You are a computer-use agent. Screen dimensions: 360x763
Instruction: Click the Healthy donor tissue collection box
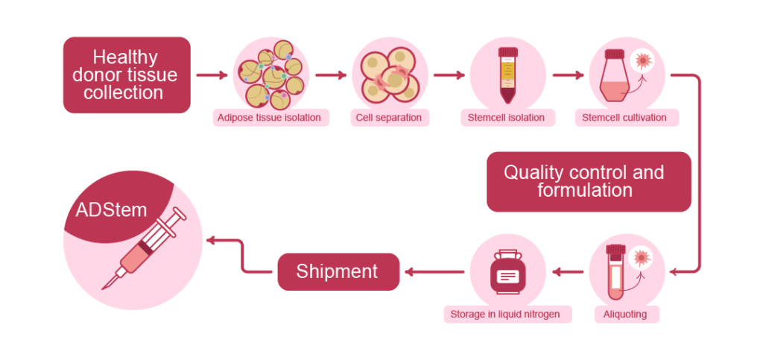coord(127,75)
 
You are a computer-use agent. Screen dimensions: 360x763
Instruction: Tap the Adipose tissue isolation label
coord(269,118)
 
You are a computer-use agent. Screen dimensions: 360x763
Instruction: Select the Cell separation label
coord(387,118)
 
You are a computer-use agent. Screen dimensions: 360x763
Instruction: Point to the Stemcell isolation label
coord(506,118)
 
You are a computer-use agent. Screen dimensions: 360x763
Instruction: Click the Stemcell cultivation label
coord(624,118)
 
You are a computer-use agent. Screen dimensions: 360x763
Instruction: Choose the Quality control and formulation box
coord(584,181)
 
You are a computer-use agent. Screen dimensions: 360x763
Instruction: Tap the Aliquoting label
coord(625,315)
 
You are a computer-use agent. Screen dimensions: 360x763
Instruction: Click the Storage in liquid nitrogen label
coord(506,315)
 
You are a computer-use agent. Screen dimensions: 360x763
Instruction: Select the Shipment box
coord(338,272)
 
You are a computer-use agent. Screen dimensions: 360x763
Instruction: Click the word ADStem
coord(111,209)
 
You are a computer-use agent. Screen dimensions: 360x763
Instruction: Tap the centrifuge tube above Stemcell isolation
coord(507,75)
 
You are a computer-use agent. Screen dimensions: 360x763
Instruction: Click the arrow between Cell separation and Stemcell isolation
coord(449,75)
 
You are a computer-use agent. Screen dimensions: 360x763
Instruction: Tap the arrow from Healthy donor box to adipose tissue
coord(212,75)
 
